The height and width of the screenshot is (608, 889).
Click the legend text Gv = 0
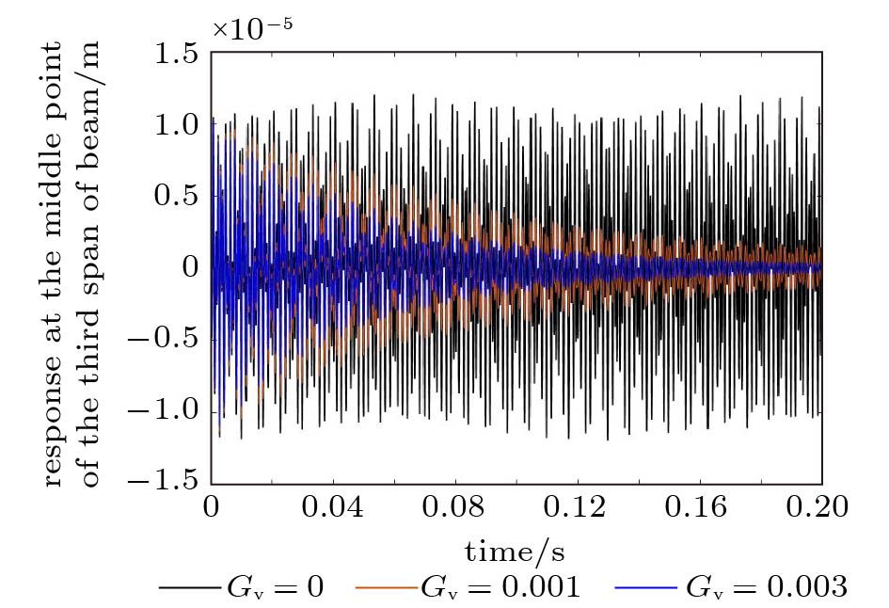coord(276,588)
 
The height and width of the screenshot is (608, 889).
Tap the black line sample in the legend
coord(190,588)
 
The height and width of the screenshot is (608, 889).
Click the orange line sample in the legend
coord(386,588)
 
